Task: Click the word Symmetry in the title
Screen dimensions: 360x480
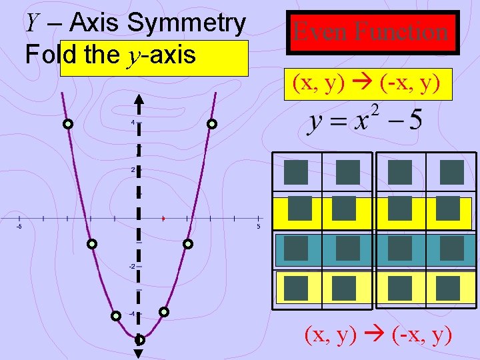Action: [186, 23]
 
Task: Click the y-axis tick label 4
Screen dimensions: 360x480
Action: [133, 123]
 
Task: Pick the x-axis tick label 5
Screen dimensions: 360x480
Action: [258, 227]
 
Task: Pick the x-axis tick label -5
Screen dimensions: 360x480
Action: [19, 227]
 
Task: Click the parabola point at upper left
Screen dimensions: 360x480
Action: [68, 124]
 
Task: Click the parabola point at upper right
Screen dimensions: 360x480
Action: [211, 124]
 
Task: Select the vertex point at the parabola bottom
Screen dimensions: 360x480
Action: [139, 339]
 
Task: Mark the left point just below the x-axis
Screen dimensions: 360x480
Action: [92, 244]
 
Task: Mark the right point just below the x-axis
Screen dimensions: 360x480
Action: [188, 244]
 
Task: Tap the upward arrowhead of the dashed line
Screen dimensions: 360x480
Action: [139, 101]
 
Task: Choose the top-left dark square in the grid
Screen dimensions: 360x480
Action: [296, 172]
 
